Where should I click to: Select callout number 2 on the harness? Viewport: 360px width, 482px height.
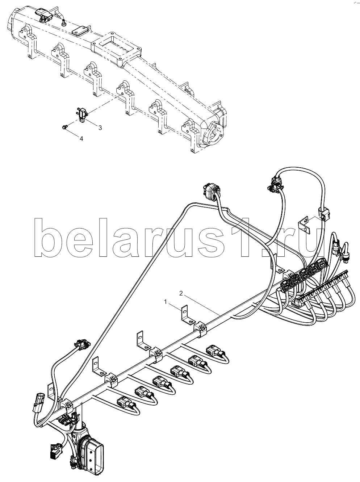181,293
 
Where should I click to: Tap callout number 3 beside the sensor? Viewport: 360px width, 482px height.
100,128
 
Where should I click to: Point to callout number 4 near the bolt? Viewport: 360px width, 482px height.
81,139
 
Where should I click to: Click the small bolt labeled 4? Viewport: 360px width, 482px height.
65,127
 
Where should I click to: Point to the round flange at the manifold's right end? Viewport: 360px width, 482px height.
213,135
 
